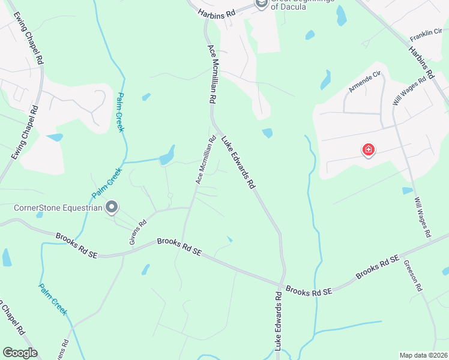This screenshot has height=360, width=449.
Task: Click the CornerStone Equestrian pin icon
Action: pyautogui.click(x=112, y=208)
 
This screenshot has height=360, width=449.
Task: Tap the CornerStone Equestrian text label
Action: pyautogui.click(x=56, y=208)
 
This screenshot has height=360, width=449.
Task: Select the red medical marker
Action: pyautogui.click(x=369, y=150)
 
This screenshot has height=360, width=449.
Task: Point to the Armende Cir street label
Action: pyautogui.click(x=365, y=83)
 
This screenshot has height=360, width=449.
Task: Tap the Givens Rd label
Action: pyautogui.click(x=138, y=232)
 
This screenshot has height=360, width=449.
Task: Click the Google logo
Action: pyautogui.click(x=20, y=353)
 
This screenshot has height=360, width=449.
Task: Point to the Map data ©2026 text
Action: pyautogui.click(x=423, y=355)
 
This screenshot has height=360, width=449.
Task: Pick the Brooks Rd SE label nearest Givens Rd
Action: pyautogui.click(x=76, y=245)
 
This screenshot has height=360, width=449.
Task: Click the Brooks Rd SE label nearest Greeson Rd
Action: pyautogui.click(x=377, y=268)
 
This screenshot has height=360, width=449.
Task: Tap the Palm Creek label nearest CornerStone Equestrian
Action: pyautogui.click(x=107, y=183)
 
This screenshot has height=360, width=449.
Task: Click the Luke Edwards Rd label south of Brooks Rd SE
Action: pyautogui.click(x=279, y=321)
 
